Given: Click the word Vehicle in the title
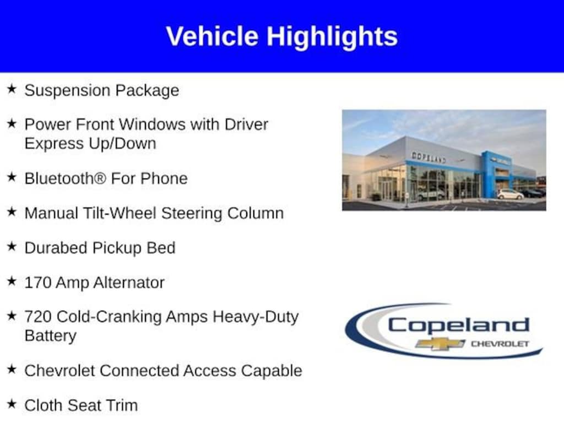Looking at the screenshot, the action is point(212,36).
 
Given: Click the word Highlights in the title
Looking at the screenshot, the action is point(332,37).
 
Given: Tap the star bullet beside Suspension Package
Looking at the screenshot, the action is point(12,89).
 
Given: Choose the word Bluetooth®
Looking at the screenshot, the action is point(66,178).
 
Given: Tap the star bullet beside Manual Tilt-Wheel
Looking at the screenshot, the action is point(12,211).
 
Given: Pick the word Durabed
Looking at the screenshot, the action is point(56,248).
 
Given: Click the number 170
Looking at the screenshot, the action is point(38,283).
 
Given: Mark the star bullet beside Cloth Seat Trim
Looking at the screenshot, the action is point(12,404).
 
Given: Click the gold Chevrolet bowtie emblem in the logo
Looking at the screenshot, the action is point(440,344).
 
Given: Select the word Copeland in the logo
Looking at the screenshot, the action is point(459,326).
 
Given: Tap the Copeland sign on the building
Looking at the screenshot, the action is point(429,157).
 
